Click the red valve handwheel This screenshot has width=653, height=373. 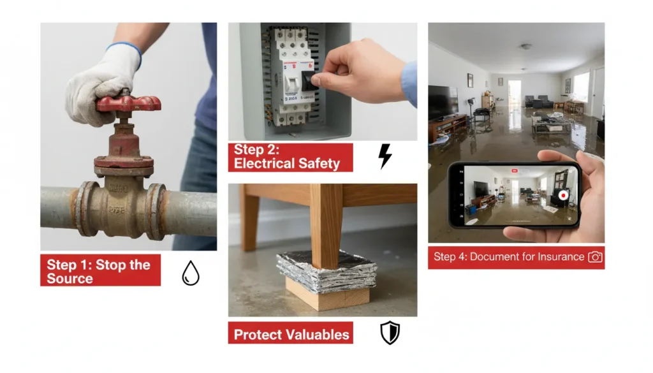(128, 103)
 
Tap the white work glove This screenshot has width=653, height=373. (102, 84)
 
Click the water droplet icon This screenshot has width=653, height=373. (190, 273)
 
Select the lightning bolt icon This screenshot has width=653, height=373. (385, 156)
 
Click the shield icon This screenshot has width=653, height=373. (390, 333)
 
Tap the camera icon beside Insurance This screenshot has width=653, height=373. (595, 257)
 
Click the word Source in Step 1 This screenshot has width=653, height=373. (70, 279)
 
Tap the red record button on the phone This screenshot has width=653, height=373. (563, 195)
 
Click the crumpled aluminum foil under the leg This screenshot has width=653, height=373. (326, 270)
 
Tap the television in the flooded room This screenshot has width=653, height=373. (443, 103)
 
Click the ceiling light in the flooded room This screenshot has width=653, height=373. (526, 46)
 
